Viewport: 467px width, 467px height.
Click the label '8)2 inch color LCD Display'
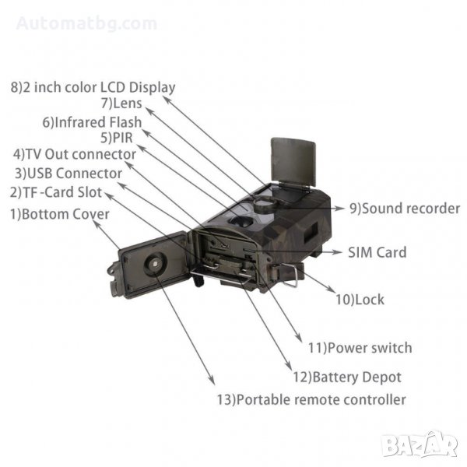(93, 87)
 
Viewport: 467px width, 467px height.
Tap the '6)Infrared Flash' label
(92, 122)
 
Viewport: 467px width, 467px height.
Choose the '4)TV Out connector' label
(74, 154)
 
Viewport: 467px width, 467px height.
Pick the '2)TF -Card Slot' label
(55, 191)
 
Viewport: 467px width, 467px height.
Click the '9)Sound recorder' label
(394, 209)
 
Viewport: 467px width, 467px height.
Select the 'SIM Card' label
(377, 252)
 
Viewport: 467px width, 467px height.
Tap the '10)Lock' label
(360, 299)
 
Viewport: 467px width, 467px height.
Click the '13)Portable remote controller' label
(311, 400)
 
